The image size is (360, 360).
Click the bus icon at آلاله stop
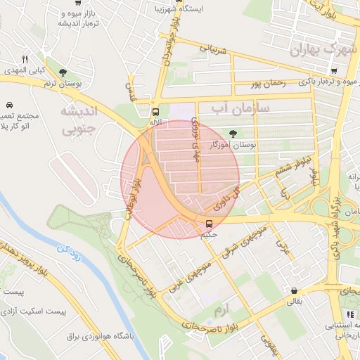point(155,111)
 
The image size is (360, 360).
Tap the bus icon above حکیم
point(209,224)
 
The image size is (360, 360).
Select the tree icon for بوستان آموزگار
point(233,134)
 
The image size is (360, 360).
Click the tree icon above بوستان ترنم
point(63,72)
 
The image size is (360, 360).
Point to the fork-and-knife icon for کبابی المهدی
point(25,59)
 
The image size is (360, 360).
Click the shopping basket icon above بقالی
point(294,290)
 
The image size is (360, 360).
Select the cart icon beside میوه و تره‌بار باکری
point(334,70)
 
